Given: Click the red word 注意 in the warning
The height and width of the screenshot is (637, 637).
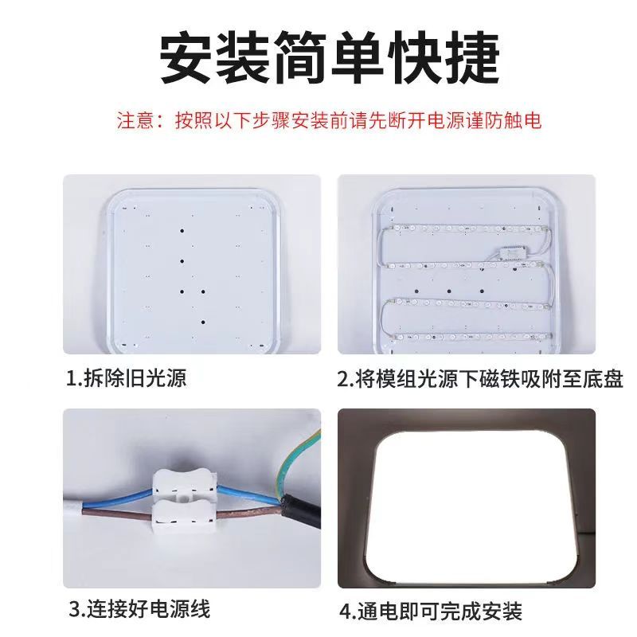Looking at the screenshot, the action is pyautogui.click(x=135, y=121).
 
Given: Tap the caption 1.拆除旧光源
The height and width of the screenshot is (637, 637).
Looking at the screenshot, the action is pyautogui.click(x=127, y=377).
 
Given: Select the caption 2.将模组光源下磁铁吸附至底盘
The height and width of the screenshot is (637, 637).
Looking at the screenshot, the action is pyautogui.click(x=480, y=379).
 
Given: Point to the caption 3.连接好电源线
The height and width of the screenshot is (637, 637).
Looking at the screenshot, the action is pyautogui.click(x=139, y=609).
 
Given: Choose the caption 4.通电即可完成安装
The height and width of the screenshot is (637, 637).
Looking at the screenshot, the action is pyautogui.click(x=431, y=612).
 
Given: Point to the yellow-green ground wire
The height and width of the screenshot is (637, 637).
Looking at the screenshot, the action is pyautogui.click(x=299, y=463).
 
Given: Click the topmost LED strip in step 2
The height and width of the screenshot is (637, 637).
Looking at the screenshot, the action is pyautogui.click(x=467, y=229).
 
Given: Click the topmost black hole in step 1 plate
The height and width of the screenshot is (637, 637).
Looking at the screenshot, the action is pyautogui.click(x=182, y=231).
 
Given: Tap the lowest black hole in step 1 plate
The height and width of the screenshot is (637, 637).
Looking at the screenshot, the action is pyautogui.click(x=203, y=322).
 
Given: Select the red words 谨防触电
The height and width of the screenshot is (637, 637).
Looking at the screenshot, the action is pyautogui.click(x=503, y=121).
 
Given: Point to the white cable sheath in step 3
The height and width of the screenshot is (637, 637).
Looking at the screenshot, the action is pyautogui.click(x=73, y=508).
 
